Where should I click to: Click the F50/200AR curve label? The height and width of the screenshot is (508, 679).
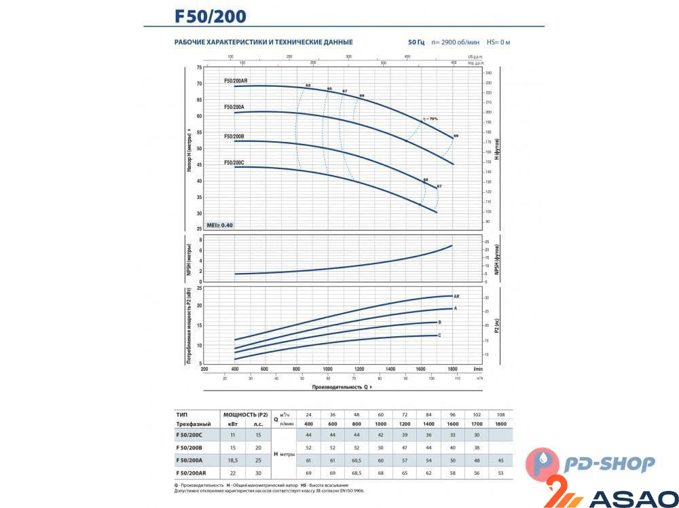[236, 81]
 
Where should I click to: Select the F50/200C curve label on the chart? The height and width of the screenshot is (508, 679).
[234, 162]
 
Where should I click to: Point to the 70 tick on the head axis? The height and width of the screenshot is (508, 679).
[199, 84]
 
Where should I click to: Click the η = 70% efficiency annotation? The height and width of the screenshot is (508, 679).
[429, 119]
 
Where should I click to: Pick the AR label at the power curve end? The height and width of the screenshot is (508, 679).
[457, 297]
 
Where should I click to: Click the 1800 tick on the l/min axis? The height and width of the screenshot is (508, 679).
[452, 369]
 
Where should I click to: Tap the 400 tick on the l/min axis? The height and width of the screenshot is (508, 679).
[235, 369]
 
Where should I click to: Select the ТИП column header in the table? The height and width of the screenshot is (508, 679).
[181, 414]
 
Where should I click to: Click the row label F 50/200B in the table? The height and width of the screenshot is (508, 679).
[189, 448]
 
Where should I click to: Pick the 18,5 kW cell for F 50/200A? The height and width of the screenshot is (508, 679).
[233, 460]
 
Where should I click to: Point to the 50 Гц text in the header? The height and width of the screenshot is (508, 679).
[416, 42]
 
